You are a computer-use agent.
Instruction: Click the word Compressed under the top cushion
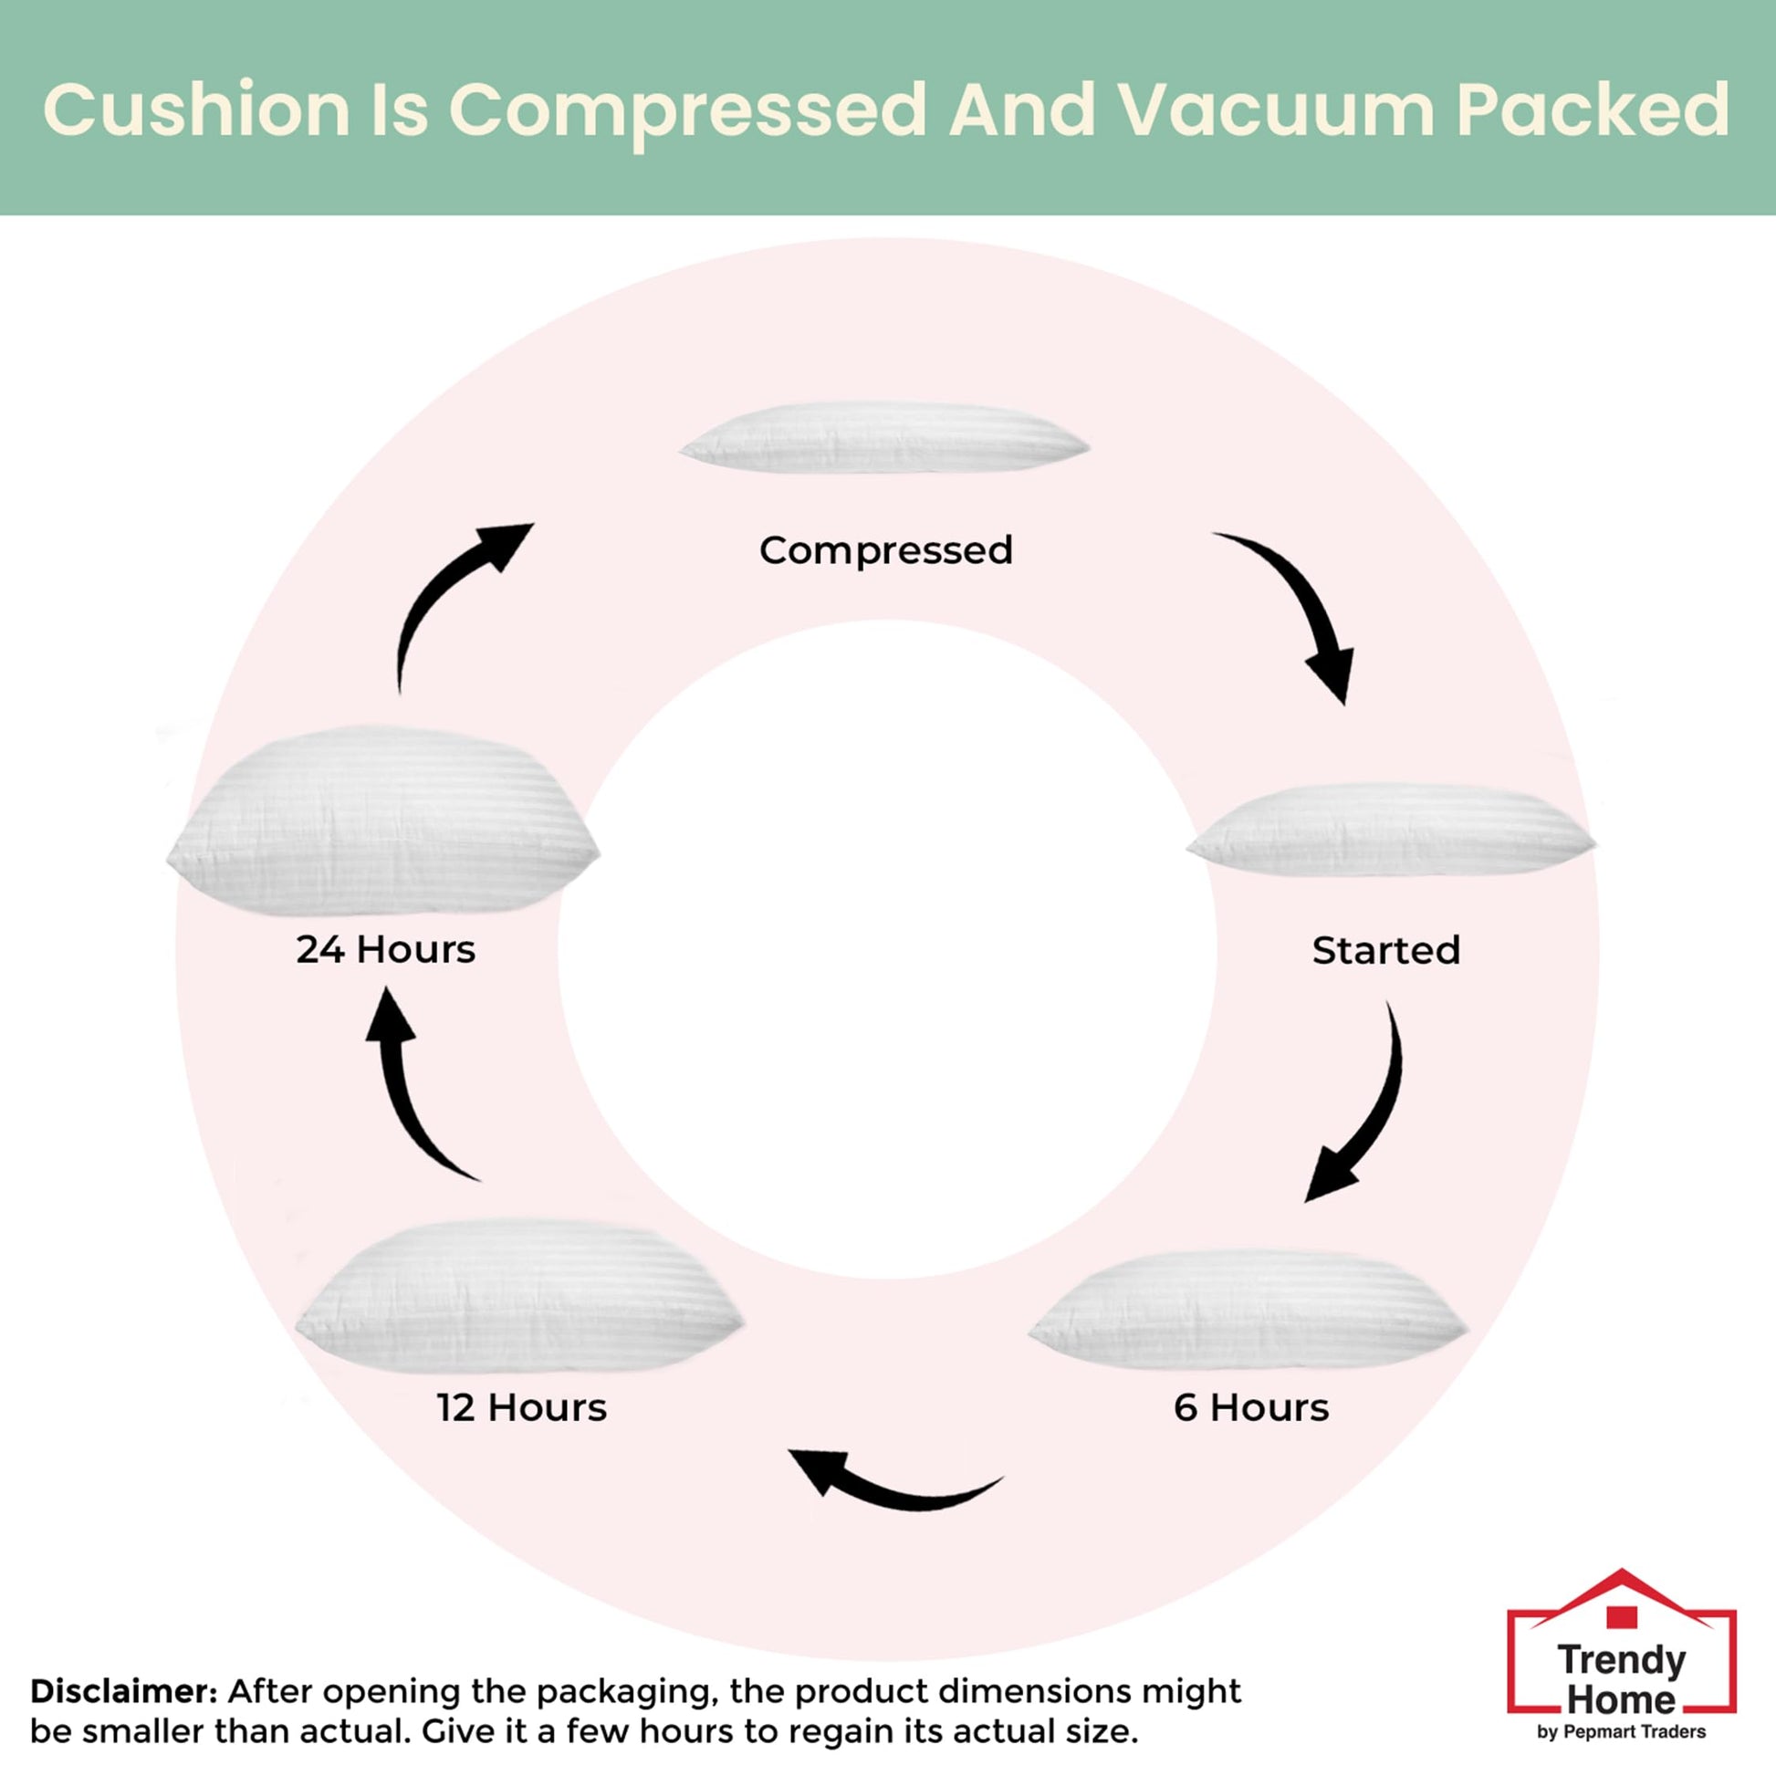(x=885, y=550)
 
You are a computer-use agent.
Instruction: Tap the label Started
(x=1385, y=950)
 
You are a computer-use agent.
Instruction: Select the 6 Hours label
(x=1251, y=1407)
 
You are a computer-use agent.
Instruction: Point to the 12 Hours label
(x=521, y=1407)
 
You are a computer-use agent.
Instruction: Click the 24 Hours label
(x=385, y=949)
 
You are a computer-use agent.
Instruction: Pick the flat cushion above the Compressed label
(x=884, y=438)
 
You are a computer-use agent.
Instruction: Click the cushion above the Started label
(x=1390, y=830)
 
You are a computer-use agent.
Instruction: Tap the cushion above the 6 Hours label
(x=1248, y=1309)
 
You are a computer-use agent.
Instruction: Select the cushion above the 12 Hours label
(x=519, y=1297)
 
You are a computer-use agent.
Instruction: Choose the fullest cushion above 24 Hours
(x=383, y=820)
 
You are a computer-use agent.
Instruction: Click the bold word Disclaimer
(x=123, y=1691)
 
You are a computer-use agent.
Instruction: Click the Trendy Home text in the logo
(x=1622, y=1678)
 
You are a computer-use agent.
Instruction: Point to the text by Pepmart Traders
(x=1621, y=1732)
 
